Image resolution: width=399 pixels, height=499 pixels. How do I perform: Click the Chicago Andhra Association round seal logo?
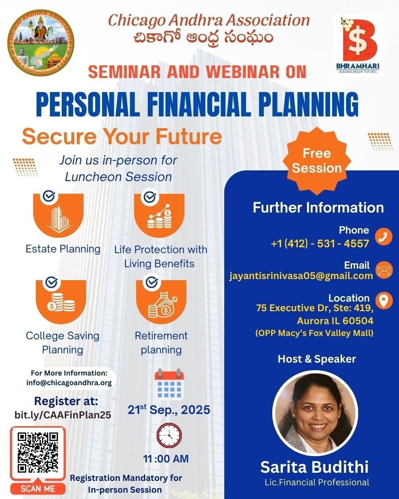[41, 43]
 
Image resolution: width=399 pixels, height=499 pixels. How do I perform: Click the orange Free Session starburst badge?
[317, 161]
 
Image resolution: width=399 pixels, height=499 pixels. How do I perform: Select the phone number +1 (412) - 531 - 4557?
[320, 244]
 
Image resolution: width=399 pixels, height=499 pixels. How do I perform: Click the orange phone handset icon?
[384, 237]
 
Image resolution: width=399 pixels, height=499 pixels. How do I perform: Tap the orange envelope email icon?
[384, 270]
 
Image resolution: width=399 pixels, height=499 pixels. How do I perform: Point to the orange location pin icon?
[384, 301]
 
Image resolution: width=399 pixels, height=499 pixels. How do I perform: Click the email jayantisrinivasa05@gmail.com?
[301, 276]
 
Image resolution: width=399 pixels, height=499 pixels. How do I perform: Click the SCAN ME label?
[38, 489]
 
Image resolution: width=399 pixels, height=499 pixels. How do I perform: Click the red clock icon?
[169, 435]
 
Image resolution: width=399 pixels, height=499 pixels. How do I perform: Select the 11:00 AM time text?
[166, 459]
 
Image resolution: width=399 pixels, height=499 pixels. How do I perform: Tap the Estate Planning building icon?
[58, 215]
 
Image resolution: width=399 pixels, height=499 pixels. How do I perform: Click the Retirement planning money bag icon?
[161, 302]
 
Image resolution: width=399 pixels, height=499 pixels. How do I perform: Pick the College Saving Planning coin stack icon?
[61, 302]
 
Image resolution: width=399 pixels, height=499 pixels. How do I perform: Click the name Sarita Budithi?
[314, 467]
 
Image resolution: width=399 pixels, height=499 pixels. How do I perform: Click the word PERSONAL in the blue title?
[88, 104]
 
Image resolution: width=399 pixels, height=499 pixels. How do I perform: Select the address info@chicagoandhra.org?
[69, 383]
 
